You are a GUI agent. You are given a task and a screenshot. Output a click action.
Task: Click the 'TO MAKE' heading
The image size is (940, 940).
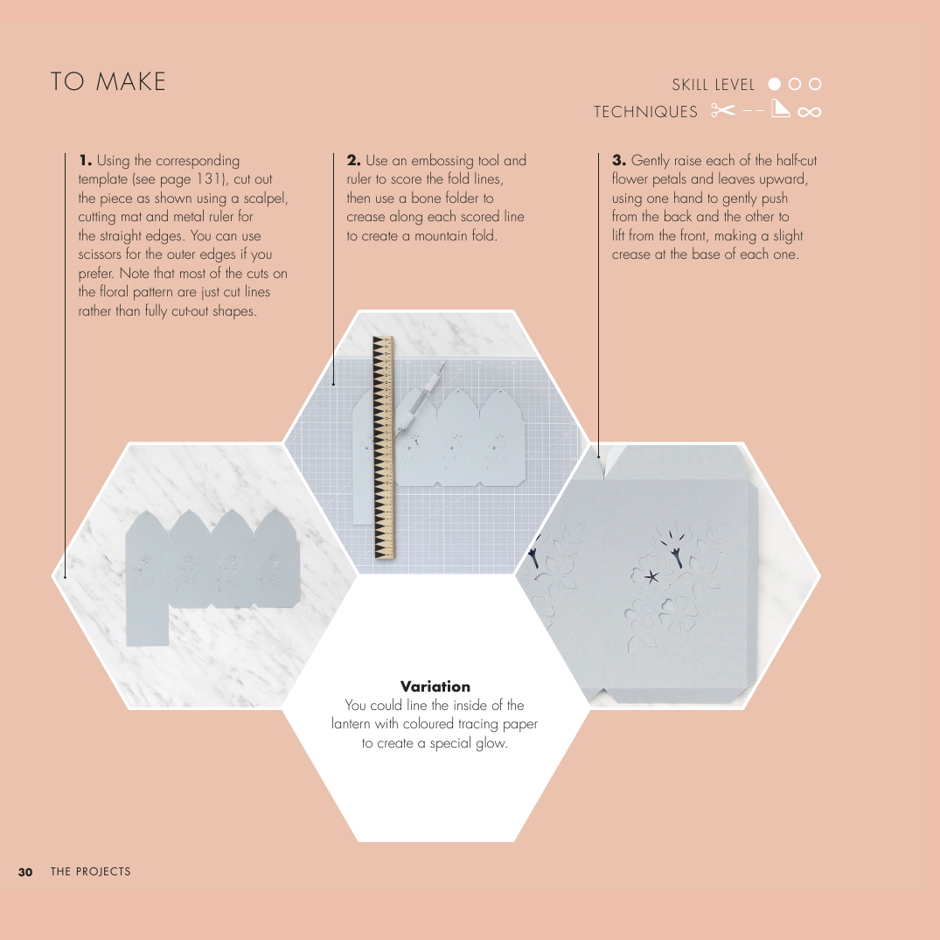pos(108,81)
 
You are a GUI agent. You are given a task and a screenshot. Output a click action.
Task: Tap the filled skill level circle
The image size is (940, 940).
pos(775,84)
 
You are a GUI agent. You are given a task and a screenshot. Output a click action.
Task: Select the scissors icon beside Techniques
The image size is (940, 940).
pos(723,110)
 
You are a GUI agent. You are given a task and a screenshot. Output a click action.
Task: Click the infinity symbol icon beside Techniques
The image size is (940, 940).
pos(810,112)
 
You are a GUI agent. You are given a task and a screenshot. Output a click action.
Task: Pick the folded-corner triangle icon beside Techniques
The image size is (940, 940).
pos(780,108)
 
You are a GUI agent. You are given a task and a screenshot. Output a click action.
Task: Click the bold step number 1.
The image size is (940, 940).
pos(85,161)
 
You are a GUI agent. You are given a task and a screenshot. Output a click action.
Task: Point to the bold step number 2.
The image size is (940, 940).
pos(353,161)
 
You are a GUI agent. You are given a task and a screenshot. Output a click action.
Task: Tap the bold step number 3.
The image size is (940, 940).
pos(619,161)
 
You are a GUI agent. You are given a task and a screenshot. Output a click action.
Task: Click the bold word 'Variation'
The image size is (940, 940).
pos(435,686)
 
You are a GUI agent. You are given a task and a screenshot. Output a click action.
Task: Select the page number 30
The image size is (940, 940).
pos(25,872)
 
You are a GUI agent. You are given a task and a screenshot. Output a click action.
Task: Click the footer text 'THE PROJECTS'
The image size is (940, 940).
pos(91,872)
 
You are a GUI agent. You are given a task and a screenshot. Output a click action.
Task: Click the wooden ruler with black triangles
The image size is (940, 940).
pos(384,448)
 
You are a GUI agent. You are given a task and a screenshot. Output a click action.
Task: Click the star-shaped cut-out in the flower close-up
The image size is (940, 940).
pos(651,577)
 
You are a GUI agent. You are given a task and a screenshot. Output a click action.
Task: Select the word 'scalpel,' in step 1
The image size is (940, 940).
pos(266,198)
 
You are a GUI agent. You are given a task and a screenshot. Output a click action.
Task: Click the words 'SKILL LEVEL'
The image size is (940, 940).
pos(714,85)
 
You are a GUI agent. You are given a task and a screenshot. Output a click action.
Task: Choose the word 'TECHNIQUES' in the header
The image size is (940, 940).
pos(645,112)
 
